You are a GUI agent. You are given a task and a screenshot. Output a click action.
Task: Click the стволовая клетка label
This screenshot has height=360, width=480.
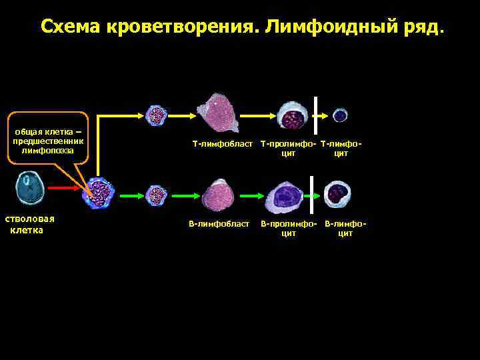coord(30,224)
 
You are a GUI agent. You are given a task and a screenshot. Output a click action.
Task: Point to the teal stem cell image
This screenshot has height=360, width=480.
coord(30,189)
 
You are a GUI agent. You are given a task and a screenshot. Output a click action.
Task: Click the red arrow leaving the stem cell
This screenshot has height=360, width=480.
coord(66,189)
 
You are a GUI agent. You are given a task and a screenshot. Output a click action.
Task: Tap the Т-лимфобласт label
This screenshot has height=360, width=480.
coord(223,143)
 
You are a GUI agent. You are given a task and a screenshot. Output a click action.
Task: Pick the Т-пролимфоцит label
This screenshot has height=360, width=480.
coord(288,148)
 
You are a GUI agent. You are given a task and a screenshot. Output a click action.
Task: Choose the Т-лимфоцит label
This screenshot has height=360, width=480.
coord(341,148)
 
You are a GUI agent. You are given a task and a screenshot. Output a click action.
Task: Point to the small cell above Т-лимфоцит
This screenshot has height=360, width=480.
coord(340,115)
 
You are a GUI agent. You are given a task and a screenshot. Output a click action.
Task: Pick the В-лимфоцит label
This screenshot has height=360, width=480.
coord(345,228)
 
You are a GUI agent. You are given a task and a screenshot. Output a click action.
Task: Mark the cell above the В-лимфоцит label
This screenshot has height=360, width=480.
coord(337,193)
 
